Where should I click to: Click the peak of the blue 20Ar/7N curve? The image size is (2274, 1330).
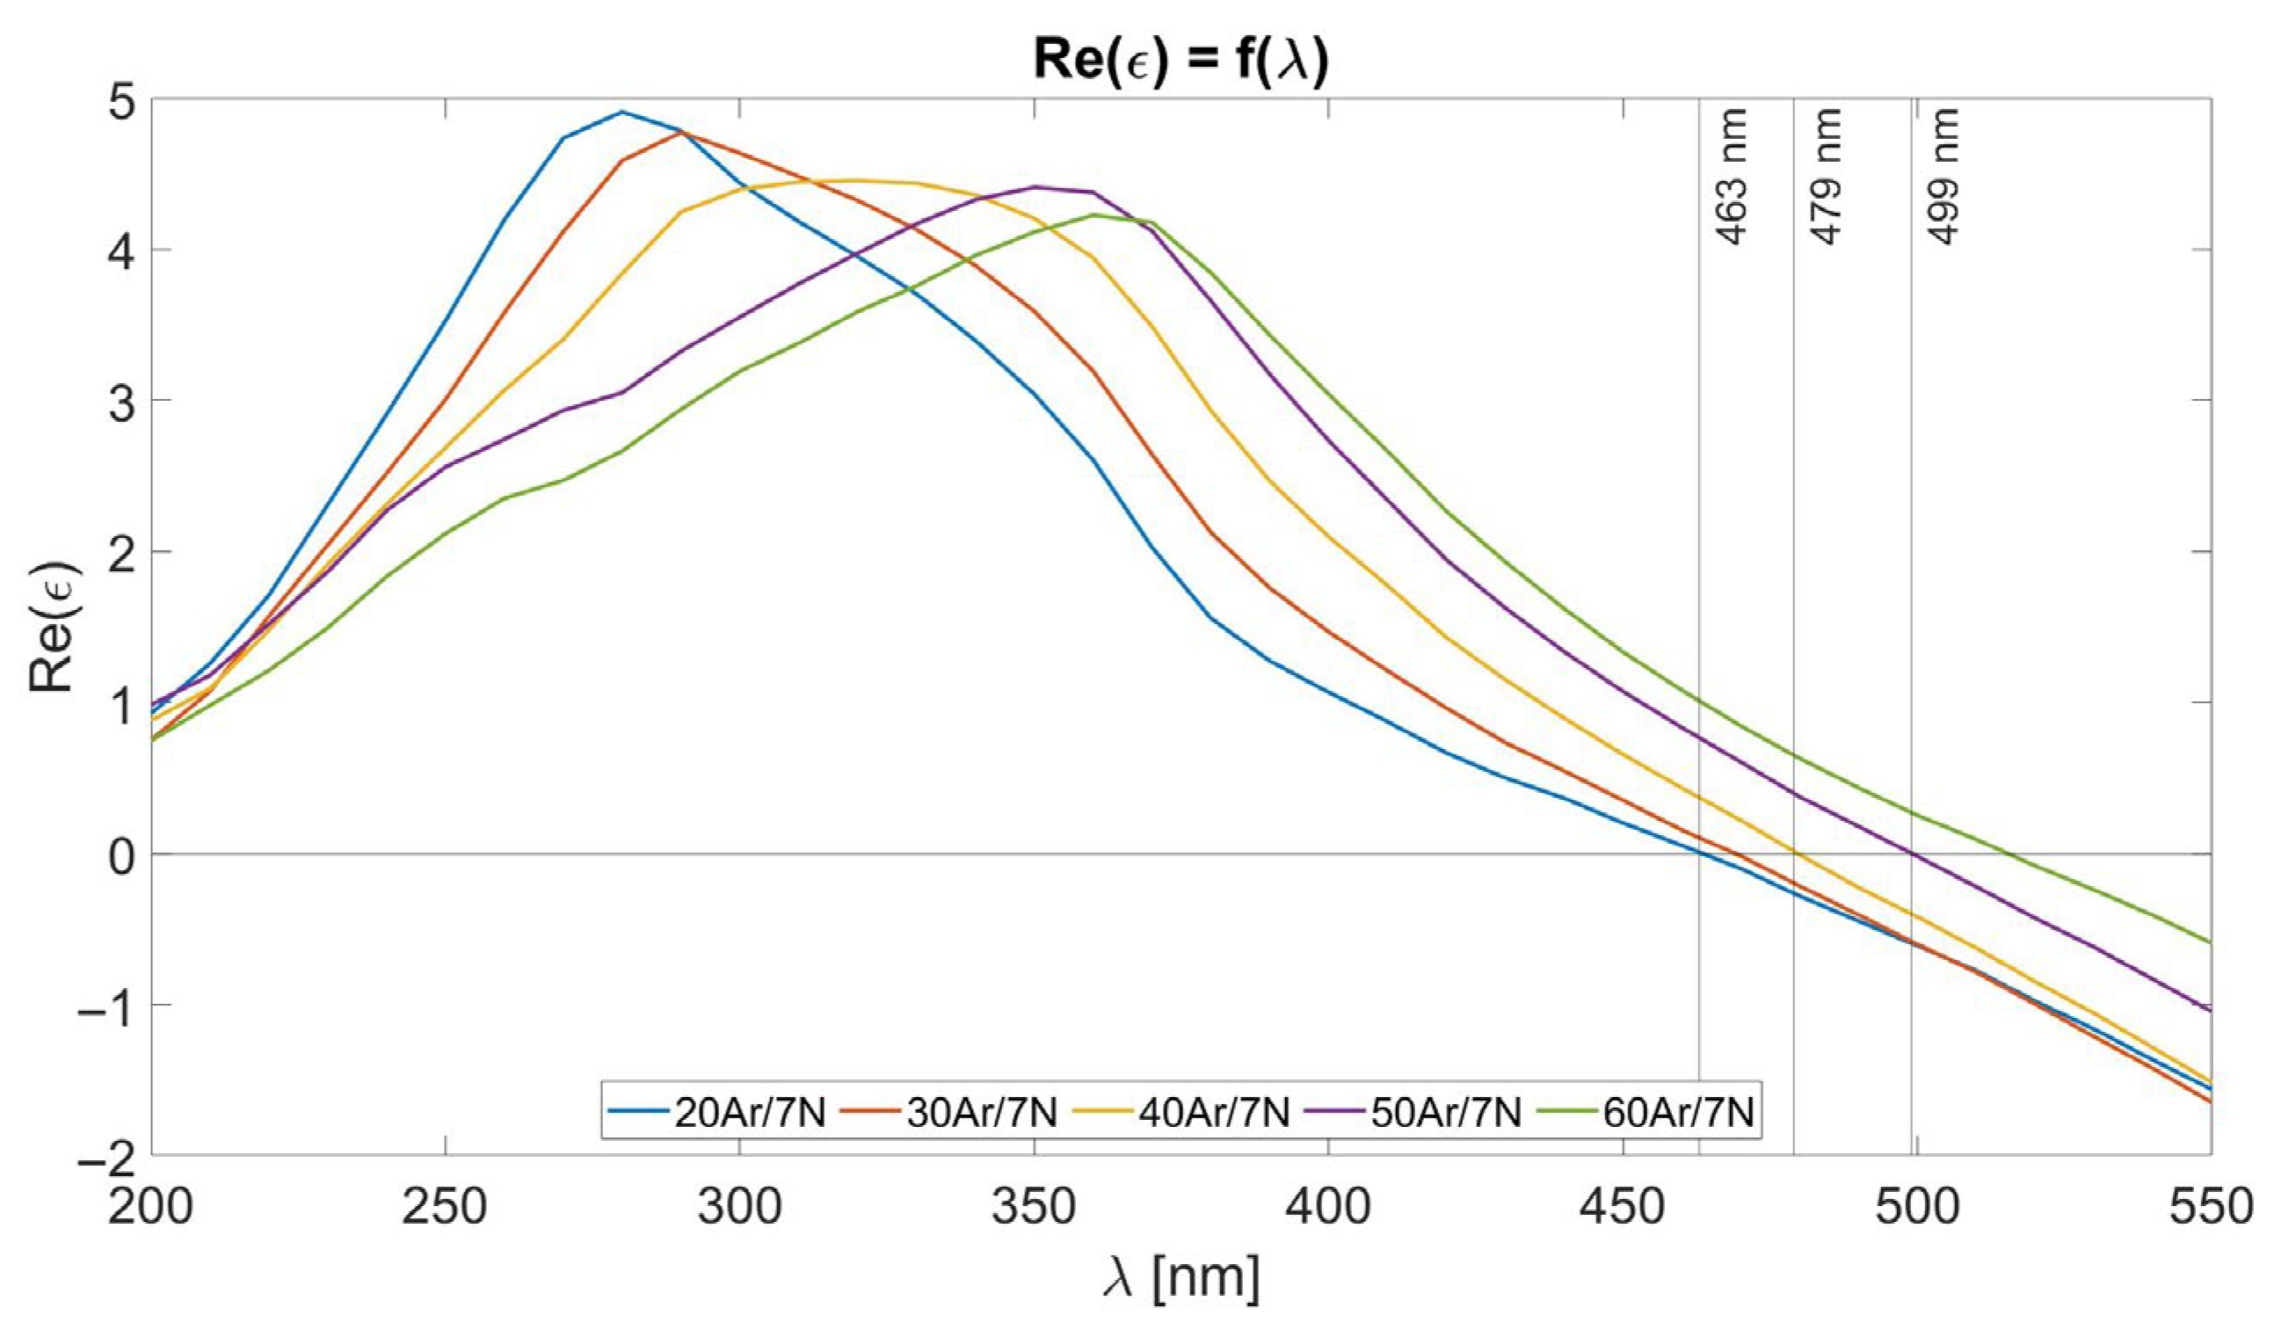click(621, 112)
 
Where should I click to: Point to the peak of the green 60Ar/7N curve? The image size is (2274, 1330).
click(1093, 214)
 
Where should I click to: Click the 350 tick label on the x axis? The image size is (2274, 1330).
click(1034, 1207)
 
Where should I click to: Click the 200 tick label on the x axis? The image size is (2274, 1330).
click(150, 1207)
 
